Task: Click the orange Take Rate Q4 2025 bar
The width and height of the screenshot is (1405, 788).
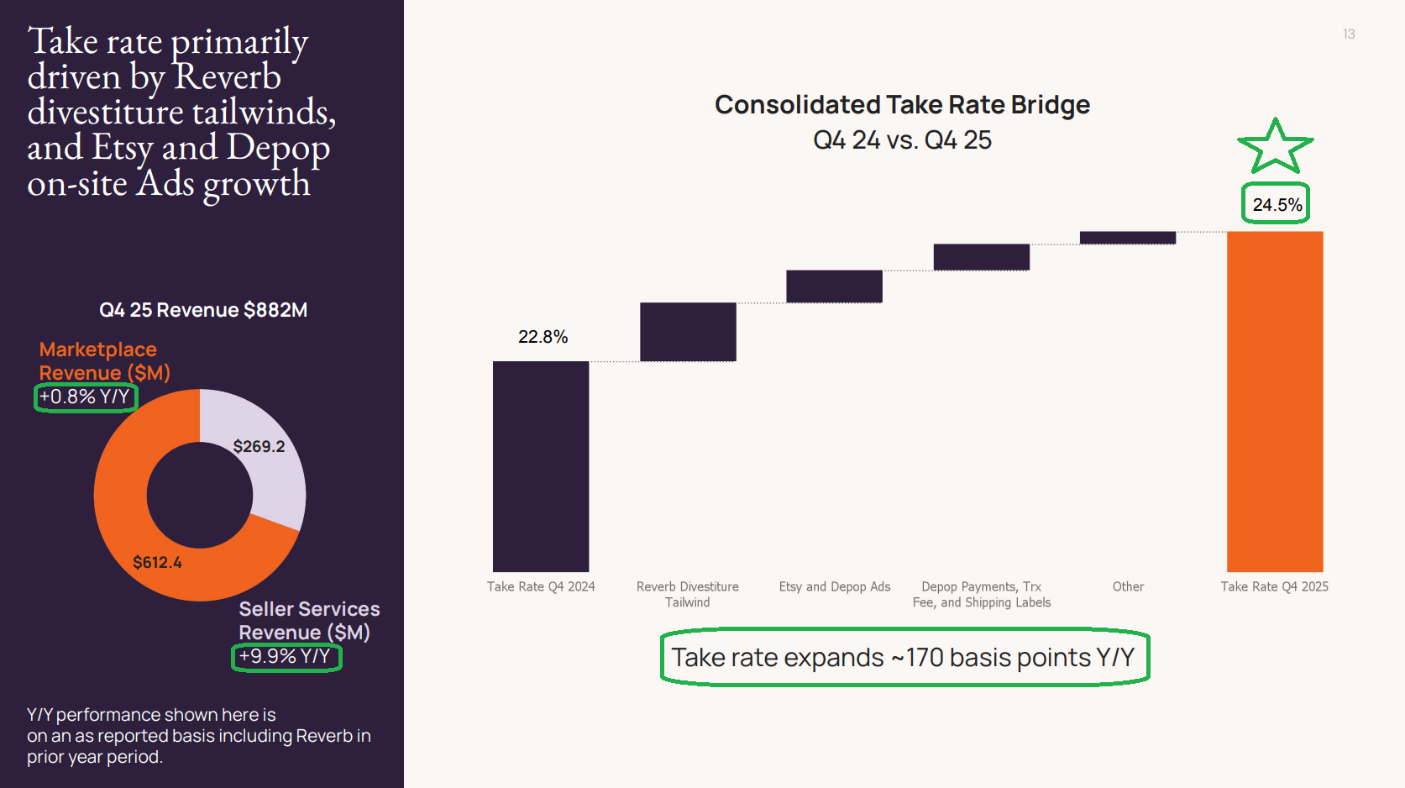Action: point(1275,402)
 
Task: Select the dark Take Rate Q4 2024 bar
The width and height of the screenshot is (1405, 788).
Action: point(541,466)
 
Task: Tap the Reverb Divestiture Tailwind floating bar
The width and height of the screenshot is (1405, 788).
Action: point(688,332)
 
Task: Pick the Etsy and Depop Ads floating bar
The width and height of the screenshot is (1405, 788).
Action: point(834,286)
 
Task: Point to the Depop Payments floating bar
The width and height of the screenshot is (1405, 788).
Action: point(981,257)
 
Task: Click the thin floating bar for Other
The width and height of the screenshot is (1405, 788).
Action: point(1127,238)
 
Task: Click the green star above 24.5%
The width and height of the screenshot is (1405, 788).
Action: point(1275,148)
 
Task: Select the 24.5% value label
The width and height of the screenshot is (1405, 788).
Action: point(1277,205)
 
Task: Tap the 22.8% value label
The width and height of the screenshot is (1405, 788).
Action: point(543,337)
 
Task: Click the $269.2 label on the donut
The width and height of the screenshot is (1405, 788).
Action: point(259,446)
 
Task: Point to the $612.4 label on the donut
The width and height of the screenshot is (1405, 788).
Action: point(157,562)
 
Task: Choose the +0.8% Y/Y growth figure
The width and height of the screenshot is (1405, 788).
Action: point(85,397)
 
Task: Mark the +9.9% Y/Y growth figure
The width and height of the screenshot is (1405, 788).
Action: point(286,656)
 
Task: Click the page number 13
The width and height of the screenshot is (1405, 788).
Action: point(1349,34)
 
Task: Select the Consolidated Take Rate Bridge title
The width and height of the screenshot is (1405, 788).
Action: point(902,105)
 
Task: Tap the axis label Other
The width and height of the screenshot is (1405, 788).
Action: point(1128,586)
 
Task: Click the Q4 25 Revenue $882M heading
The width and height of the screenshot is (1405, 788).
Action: point(203,310)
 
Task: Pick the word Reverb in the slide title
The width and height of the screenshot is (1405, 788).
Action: point(228,76)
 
